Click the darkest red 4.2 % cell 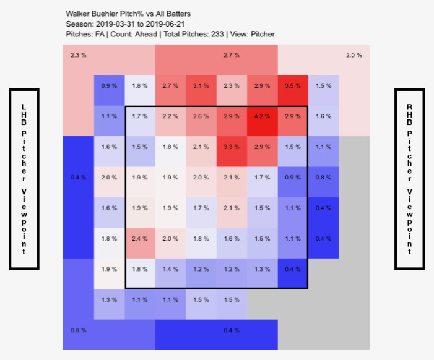tap(263, 116)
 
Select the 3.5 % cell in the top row tap(293, 85)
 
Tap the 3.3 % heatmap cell tap(232, 147)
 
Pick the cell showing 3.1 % tap(201, 85)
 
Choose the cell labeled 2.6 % tap(201, 116)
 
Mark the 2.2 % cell tap(171, 116)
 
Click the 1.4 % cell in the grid tap(171, 269)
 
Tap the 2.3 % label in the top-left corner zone tap(78, 56)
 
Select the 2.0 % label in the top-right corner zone tap(354, 56)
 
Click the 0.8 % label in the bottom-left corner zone tap(78, 330)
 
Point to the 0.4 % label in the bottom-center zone tap(232, 330)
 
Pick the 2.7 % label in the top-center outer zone tap(232, 56)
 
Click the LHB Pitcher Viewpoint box tap(24, 179)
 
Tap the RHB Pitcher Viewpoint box tap(409, 179)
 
